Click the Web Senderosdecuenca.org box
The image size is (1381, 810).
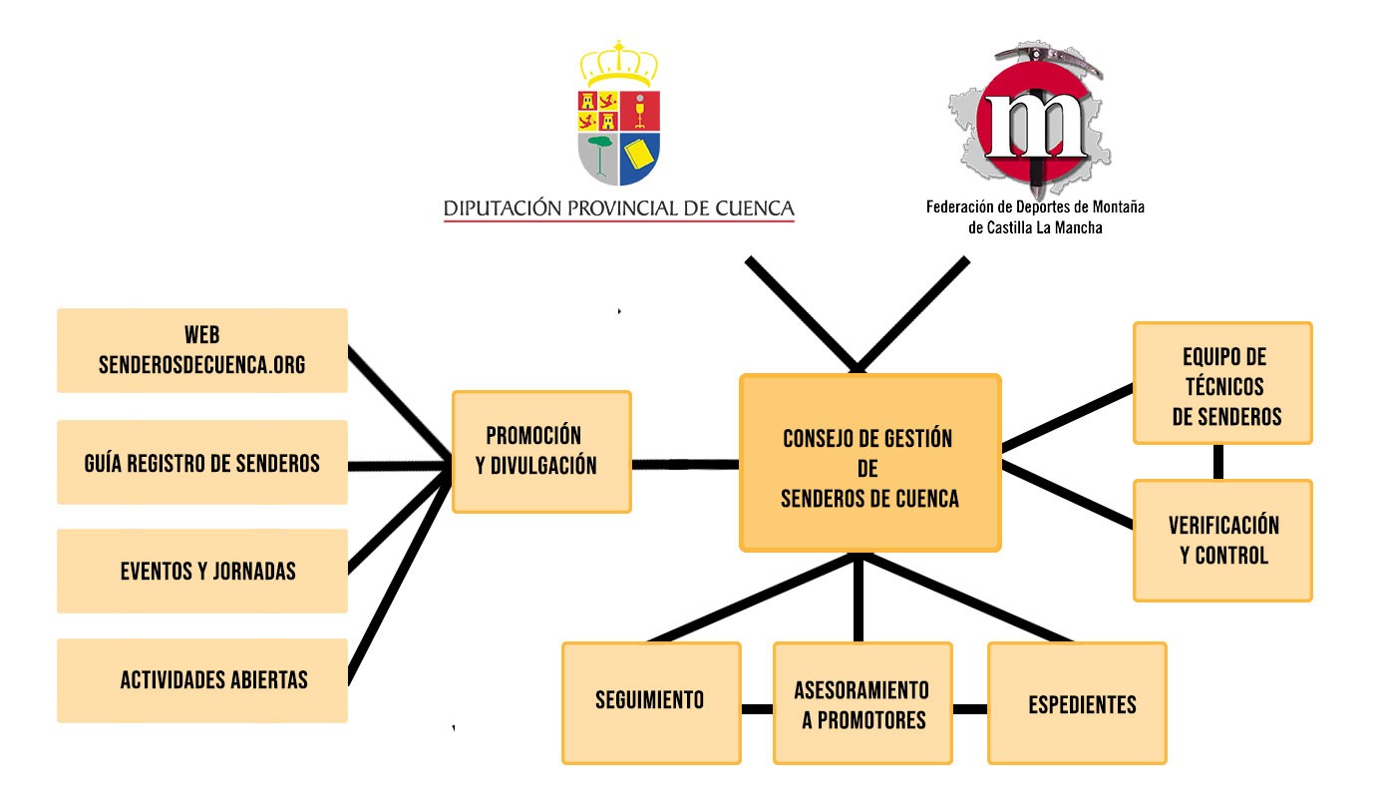tap(202, 350)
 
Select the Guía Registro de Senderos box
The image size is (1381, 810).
tap(202, 463)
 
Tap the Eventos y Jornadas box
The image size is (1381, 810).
tap(202, 572)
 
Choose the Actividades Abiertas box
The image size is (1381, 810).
tap(202, 680)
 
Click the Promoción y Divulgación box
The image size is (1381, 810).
tap(541, 452)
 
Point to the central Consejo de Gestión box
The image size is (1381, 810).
tap(869, 463)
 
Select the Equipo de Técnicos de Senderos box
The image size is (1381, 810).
tap(1222, 383)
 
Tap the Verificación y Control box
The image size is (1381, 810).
tap(1222, 541)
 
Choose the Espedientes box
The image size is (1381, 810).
tap(1077, 702)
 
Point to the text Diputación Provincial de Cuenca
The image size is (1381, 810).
tap(618, 208)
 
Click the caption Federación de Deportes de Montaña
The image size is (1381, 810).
tap(1035, 208)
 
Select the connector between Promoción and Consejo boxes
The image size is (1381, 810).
tap(685, 464)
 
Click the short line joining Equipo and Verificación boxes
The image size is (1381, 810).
tap(1218, 462)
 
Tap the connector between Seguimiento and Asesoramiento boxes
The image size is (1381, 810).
tap(758, 709)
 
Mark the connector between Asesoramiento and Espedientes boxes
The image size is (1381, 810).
tap(970, 709)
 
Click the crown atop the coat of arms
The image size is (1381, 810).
tap(618, 66)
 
